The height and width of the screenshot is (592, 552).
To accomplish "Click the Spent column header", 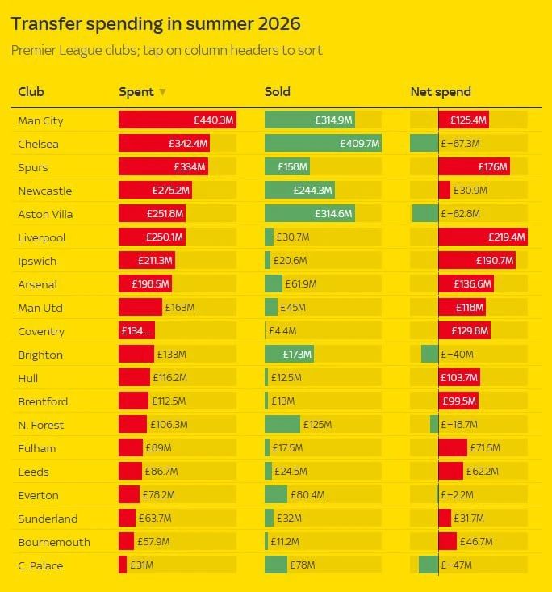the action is tap(136, 92).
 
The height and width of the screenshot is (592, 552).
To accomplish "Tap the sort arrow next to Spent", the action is tap(162, 92).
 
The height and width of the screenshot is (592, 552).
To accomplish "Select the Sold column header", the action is tap(278, 92).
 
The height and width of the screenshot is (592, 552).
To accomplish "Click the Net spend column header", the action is tap(441, 92).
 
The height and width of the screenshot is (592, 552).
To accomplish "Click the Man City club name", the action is tap(40, 121).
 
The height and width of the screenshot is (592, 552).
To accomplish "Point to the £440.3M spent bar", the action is tap(178, 120).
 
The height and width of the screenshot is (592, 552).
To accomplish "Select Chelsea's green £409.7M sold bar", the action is tap(323, 144).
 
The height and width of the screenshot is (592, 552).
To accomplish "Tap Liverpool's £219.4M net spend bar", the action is tap(483, 237).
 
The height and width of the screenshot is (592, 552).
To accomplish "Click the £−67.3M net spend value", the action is tap(460, 144).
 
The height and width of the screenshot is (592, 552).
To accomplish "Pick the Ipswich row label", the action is tap(37, 261).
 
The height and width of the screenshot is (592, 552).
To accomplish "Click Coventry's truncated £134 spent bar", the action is tap(136, 331).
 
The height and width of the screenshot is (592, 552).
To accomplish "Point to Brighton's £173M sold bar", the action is tap(289, 354).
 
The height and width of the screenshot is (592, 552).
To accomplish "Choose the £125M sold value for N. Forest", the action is tap(318, 424).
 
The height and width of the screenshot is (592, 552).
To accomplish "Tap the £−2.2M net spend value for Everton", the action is tap(457, 494).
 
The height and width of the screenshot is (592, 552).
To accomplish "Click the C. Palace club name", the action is tap(40, 565).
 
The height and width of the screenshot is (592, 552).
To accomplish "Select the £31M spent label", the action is tap(142, 565).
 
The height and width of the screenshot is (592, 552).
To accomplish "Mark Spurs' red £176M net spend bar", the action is tap(474, 167).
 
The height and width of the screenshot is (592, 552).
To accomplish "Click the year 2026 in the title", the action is tap(279, 23).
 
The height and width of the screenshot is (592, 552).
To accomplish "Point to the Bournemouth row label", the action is tap(54, 542).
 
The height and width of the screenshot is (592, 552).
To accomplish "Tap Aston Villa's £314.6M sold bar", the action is tap(309, 214).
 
